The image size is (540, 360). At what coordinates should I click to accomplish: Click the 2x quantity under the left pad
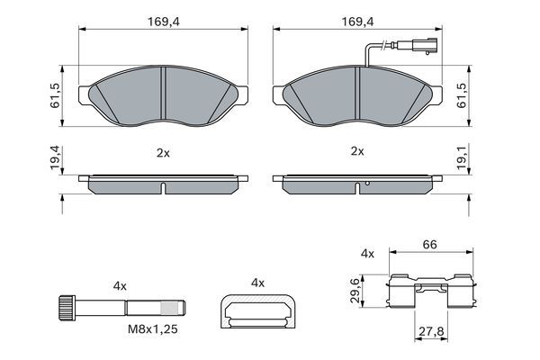(x=163, y=152)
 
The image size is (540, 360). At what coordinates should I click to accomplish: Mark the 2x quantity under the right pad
(x=356, y=152)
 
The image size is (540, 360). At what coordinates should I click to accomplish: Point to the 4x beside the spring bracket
(x=365, y=255)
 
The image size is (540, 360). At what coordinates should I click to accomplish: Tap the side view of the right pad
(x=358, y=184)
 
